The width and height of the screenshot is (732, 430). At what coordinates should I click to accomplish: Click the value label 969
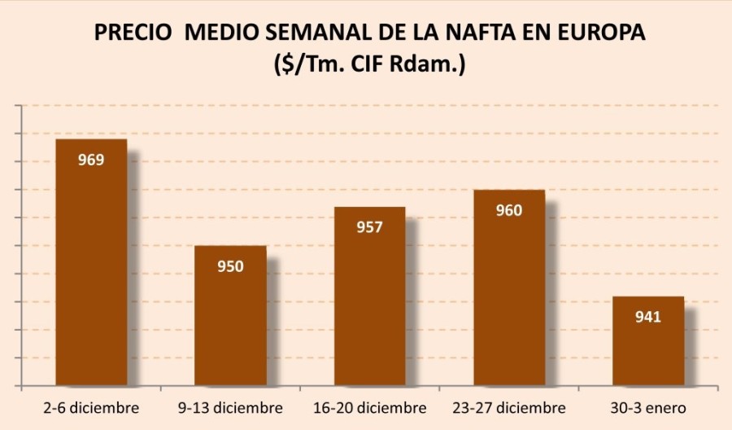click(91, 160)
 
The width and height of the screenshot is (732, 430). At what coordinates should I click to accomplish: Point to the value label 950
click(230, 266)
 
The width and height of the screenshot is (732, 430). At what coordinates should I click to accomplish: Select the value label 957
click(369, 227)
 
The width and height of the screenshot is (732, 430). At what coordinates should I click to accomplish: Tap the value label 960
click(509, 210)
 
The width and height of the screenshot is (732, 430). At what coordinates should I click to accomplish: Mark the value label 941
click(648, 317)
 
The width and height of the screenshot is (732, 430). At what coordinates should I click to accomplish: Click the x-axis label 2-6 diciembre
click(92, 407)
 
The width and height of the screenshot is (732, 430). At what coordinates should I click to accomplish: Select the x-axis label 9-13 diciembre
click(230, 407)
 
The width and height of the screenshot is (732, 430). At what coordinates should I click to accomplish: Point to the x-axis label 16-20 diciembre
click(370, 407)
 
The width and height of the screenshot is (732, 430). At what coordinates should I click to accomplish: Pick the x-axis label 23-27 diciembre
click(509, 407)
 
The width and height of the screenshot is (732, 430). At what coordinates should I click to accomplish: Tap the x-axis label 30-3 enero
click(648, 407)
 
